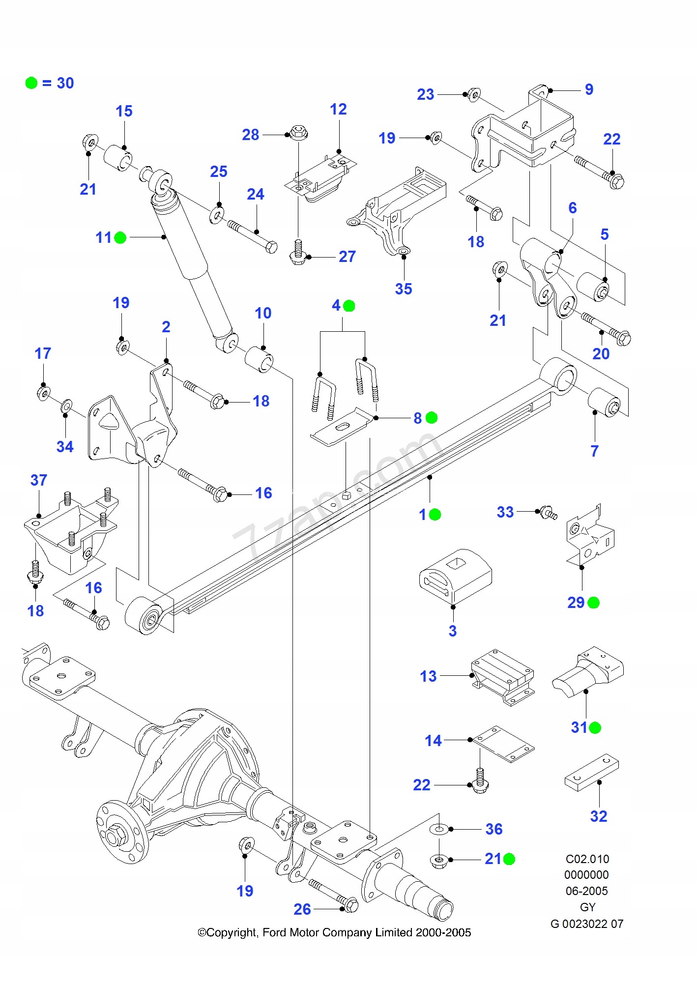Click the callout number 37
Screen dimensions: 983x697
(39, 480)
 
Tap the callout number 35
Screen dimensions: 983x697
(403, 289)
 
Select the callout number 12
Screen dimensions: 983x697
(338, 109)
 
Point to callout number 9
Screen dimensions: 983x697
(589, 89)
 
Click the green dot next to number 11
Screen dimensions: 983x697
(120, 238)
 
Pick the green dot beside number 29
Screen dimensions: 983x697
(594, 603)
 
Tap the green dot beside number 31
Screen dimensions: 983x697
(595, 727)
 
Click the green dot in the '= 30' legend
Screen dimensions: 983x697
(31, 83)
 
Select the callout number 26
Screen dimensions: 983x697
(302, 909)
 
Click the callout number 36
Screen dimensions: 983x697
(494, 829)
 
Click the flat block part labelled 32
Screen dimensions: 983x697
(591, 772)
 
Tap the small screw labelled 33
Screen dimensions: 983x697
(548, 513)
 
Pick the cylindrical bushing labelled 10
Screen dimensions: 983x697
(259, 360)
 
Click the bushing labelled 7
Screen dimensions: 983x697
(608, 402)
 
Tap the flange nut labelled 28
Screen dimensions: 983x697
(297, 132)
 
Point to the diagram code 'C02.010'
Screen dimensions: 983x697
(587, 859)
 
